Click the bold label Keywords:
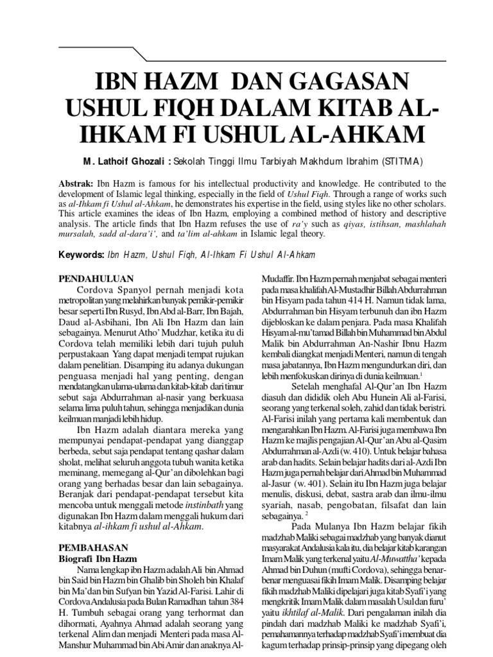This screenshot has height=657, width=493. tap(82, 255)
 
